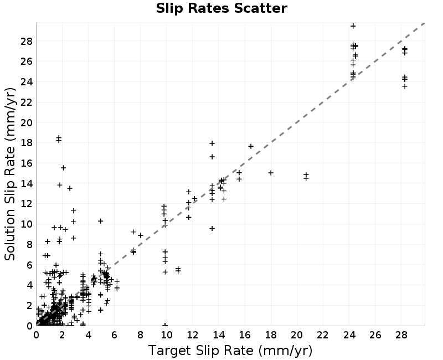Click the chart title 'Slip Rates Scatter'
tap(221, 8)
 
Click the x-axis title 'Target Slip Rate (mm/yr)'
tap(230, 351)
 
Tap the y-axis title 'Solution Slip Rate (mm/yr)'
tap(10, 174)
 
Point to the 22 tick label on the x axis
tap(323, 335)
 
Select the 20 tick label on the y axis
tap(27, 122)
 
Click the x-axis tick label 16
tap(244, 335)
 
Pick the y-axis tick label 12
tap(27, 204)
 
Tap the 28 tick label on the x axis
tap(401, 335)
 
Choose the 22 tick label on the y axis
tap(27, 102)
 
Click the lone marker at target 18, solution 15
tap(271, 173)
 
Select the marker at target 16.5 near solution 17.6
tap(251, 146)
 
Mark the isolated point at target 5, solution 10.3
tap(100, 221)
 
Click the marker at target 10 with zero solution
tap(165, 325)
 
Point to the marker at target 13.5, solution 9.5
tap(212, 228)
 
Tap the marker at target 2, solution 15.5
tap(63, 168)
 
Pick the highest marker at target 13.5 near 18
tap(212, 143)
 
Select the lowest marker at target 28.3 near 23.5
tap(405, 86)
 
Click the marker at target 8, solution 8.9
tap(141, 235)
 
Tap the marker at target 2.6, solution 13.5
tap(70, 188)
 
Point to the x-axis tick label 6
tap(114, 335)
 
